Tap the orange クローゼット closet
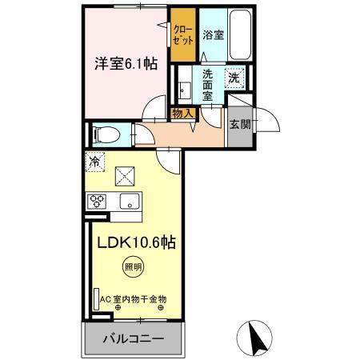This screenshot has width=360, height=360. tap(183, 34)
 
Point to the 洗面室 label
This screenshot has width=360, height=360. tap(207, 86)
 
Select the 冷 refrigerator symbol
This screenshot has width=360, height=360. tap(94, 160)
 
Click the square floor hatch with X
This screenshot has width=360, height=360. tap(126, 174)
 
